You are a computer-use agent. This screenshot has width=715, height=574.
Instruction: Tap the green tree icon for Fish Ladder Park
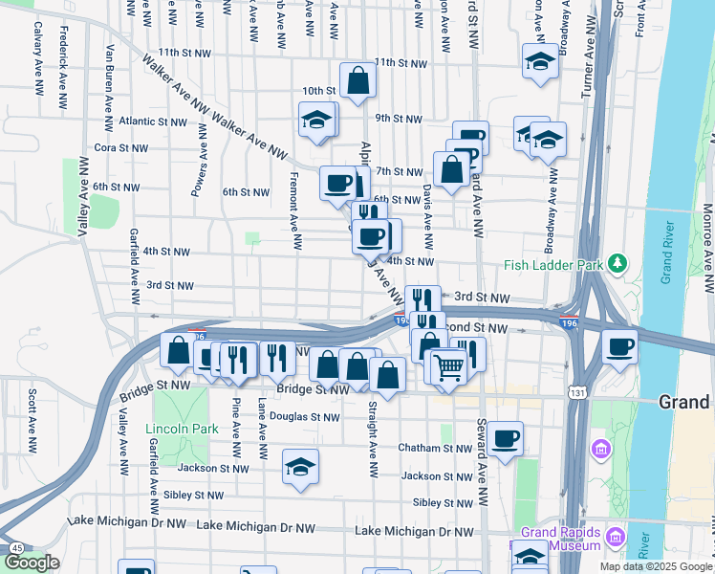tap(618, 262)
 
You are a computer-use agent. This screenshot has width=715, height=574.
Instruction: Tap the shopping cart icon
tap(447, 365)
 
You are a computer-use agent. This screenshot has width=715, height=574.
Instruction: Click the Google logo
tap(32, 563)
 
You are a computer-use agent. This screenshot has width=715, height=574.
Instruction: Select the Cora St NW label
tap(121, 148)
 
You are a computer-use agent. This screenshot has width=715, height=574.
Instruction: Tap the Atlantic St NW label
tap(154, 122)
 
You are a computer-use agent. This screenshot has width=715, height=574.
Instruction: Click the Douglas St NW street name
tap(304, 417)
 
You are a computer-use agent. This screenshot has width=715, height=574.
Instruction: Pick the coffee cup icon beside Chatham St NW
tap(506, 439)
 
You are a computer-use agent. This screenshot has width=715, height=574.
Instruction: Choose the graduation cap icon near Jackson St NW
tap(300, 467)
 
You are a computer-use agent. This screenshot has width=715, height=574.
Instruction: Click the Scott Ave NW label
tap(33, 420)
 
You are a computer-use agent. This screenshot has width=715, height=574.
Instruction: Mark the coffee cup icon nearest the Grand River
tap(619, 346)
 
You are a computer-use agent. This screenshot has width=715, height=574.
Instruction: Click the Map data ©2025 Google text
tap(656, 566)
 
